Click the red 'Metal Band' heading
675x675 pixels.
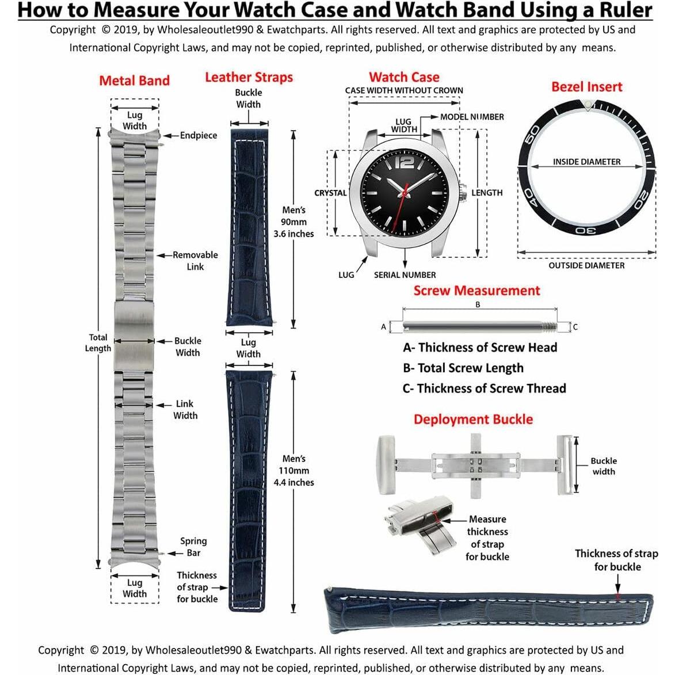pyautogui.click(x=134, y=81)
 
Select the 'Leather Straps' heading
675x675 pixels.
pyautogui.click(x=249, y=77)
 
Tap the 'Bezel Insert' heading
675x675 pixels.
pyautogui.click(x=586, y=87)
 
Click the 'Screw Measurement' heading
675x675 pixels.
pyautogui.click(x=476, y=291)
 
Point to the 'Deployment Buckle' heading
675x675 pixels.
pyautogui.click(x=473, y=420)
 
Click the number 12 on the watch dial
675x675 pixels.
pyautogui.click(x=405, y=163)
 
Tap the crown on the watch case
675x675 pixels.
pyautogui.click(x=464, y=193)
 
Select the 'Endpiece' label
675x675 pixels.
pyautogui.click(x=198, y=136)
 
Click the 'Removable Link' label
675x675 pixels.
pyautogui.click(x=195, y=261)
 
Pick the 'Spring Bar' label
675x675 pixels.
pyautogui.click(x=193, y=547)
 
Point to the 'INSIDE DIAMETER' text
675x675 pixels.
pyautogui.click(x=586, y=162)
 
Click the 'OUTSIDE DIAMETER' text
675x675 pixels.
pyautogui.click(x=586, y=265)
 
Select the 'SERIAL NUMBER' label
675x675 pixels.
pyautogui.click(x=405, y=275)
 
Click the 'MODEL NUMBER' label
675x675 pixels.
pyautogui.click(x=472, y=117)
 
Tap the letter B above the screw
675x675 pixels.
pyautogui.click(x=478, y=305)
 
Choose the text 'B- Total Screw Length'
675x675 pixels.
pyautogui.click(x=463, y=368)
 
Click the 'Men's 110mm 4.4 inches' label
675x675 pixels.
pyautogui.click(x=293, y=471)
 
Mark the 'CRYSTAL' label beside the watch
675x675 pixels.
pyautogui.click(x=330, y=193)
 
